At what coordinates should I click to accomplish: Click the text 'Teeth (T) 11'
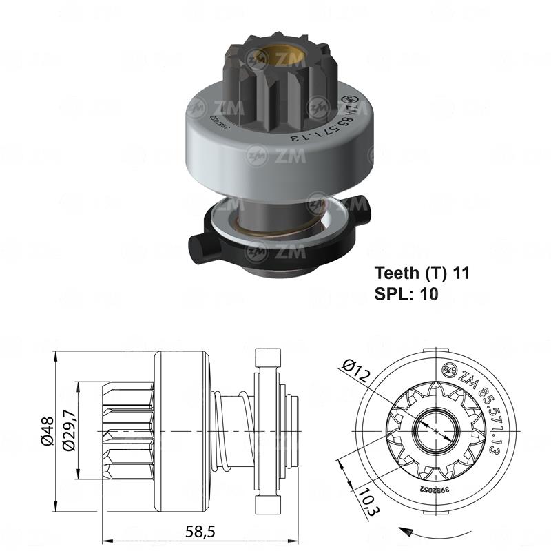coord(422,272)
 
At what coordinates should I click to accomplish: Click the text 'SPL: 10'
coord(406,293)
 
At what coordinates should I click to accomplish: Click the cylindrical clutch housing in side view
coord(179,430)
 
